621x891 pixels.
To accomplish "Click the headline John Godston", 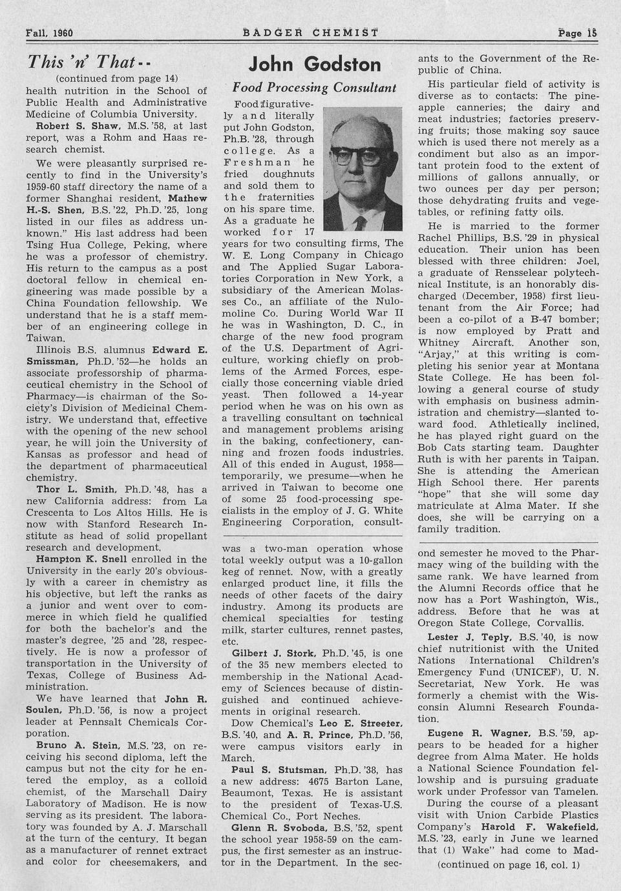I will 315,65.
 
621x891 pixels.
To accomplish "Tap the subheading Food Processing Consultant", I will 314,87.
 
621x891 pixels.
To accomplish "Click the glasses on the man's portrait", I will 363,155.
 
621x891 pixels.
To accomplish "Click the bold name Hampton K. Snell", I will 85,559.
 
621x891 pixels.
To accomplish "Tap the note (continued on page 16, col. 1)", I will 509,865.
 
